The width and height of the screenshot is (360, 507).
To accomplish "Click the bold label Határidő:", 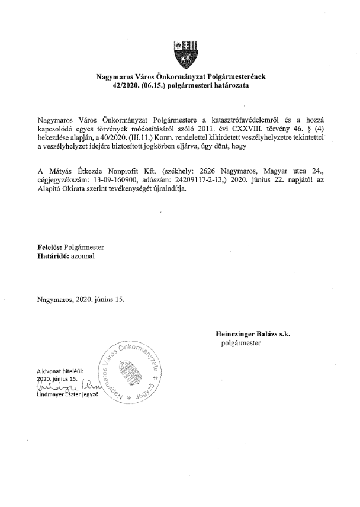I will click(52, 258).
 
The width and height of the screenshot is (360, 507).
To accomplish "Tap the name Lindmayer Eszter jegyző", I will click(69, 395).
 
